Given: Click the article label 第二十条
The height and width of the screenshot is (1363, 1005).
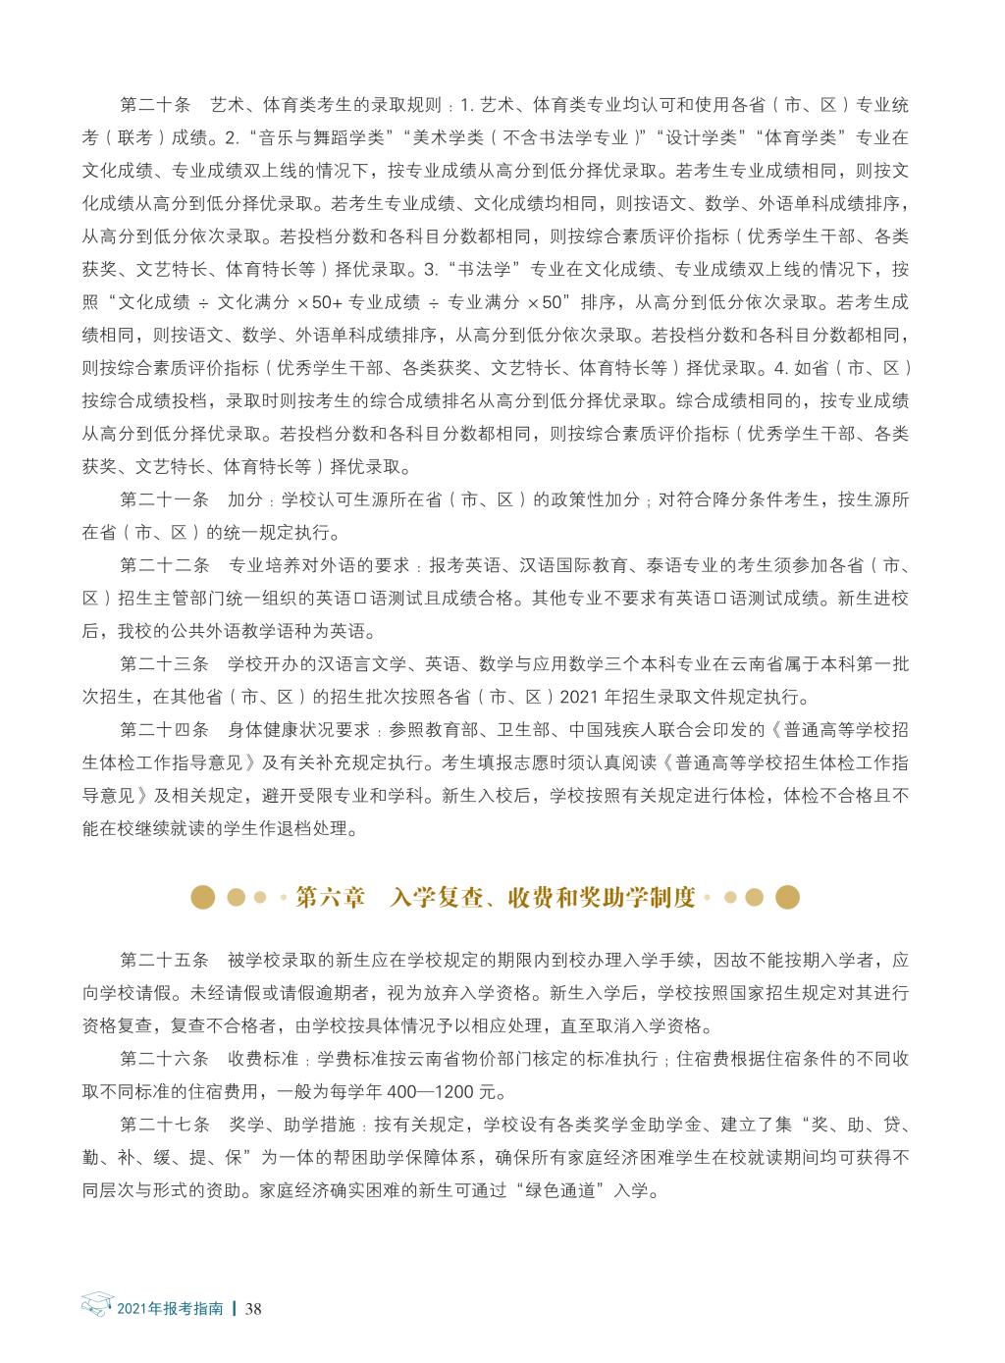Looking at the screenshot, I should (x=156, y=105).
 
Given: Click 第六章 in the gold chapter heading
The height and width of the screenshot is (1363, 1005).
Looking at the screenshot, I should (x=330, y=897).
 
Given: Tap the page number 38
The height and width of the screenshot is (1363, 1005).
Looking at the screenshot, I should (x=253, y=1309).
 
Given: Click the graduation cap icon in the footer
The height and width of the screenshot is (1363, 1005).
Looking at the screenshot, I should (x=96, y=1307).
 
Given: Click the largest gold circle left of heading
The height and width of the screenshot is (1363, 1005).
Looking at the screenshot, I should (x=203, y=898).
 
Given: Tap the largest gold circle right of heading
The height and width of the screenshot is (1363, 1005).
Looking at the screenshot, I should (x=788, y=898).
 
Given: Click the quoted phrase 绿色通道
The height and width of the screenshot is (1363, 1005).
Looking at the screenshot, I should (x=562, y=1191).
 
